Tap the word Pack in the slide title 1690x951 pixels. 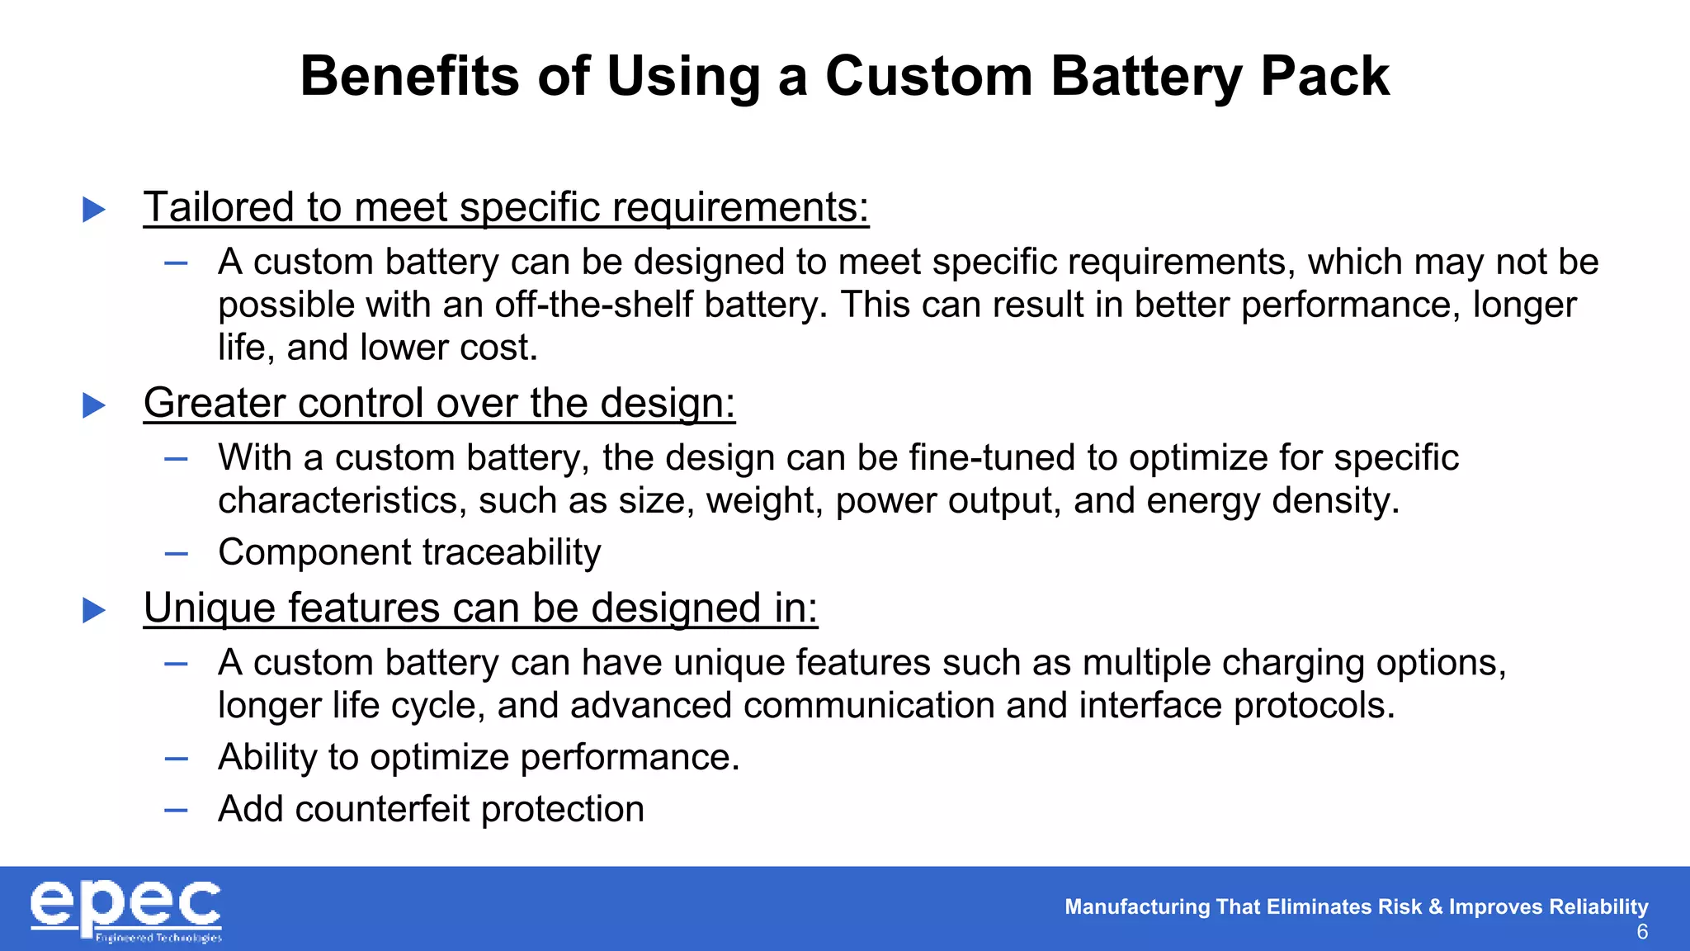tap(1324, 76)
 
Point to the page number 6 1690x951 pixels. tap(1642, 932)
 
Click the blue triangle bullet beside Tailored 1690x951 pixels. tap(94, 209)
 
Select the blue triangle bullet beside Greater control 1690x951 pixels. tap(94, 405)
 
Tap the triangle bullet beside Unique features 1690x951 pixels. tap(94, 610)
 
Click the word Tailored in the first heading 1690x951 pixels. tap(219, 206)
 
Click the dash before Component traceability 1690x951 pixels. tap(176, 553)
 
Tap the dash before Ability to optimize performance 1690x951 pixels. tap(176, 758)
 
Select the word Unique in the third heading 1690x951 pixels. tap(209, 608)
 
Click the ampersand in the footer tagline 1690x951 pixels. tap(1435, 906)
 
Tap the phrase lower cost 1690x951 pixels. tap(449, 348)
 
